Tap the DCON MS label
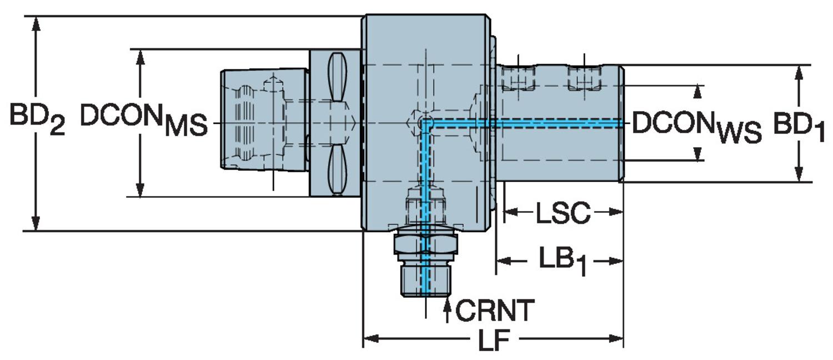(143, 121)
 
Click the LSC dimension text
(562, 213)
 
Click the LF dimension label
(493, 341)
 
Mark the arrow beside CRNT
(447, 309)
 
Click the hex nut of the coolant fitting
(425, 244)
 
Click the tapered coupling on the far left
(264, 119)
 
